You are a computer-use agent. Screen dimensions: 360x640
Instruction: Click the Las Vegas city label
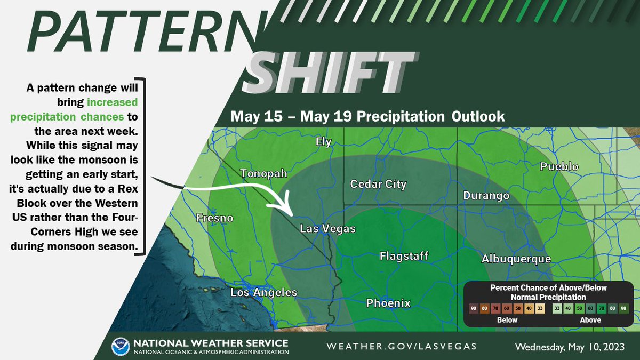pyautogui.click(x=327, y=229)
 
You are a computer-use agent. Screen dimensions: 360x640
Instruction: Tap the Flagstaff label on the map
pyautogui.click(x=404, y=257)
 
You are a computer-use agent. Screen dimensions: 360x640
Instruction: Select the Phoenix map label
pyautogui.click(x=388, y=303)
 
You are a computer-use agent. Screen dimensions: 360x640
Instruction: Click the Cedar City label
pyautogui.click(x=378, y=185)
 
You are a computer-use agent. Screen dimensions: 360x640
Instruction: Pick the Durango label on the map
pyautogui.click(x=486, y=196)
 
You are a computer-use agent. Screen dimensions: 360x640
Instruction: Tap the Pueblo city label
pyautogui.click(x=559, y=167)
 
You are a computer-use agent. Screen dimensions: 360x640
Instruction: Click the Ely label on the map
pyautogui.click(x=323, y=142)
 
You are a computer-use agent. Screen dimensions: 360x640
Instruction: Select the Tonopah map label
pyautogui.click(x=263, y=174)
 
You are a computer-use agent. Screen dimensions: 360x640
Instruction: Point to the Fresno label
pyautogui.click(x=215, y=218)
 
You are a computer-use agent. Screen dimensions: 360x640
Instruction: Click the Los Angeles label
pyautogui.click(x=263, y=293)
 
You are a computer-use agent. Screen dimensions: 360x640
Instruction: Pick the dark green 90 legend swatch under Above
pyautogui.click(x=624, y=308)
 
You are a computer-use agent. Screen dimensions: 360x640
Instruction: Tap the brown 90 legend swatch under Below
pyautogui.click(x=473, y=308)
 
